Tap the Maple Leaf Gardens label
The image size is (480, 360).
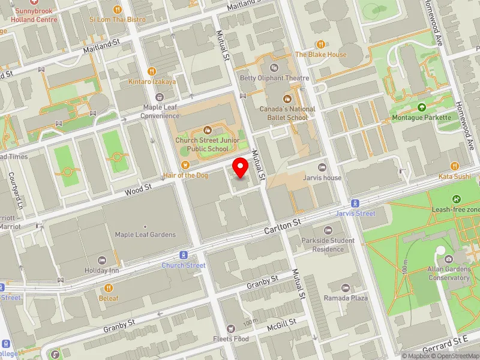pos(145,235)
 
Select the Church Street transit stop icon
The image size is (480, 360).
pos(184,255)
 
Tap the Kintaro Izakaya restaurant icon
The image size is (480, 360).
pos(152,71)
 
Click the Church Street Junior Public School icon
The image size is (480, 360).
pos(208,130)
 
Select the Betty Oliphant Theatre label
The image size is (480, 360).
pos(274,78)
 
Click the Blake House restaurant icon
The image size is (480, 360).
pos(320,44)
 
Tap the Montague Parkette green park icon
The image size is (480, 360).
pos(421,107)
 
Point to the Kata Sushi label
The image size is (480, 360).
pos(454,176)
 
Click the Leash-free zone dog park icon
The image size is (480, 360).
pos(457,199)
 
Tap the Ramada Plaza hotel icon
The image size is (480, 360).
pos(346,287)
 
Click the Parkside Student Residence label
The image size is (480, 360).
pos(328,245)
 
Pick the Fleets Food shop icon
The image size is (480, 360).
pos(231,329)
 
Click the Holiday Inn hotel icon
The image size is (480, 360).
pos(101,260)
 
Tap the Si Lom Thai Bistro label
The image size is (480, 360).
pos(118,19)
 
